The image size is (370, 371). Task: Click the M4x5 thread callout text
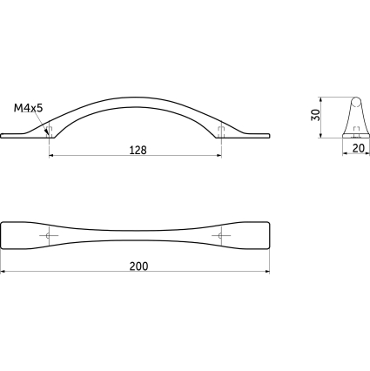tap(29, 108)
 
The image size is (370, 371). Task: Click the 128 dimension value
tap(138, 150)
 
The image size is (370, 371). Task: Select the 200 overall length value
tap(138, 266)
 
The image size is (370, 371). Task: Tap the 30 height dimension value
tap(315, 115)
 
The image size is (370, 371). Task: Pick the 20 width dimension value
tap(358, 148)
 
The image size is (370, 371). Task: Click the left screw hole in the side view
tap(50, 132)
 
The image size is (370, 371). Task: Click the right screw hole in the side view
tap(221, 132)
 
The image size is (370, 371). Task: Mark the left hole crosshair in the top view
tap(49, 235)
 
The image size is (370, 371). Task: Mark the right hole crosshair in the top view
tap(221, 235)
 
